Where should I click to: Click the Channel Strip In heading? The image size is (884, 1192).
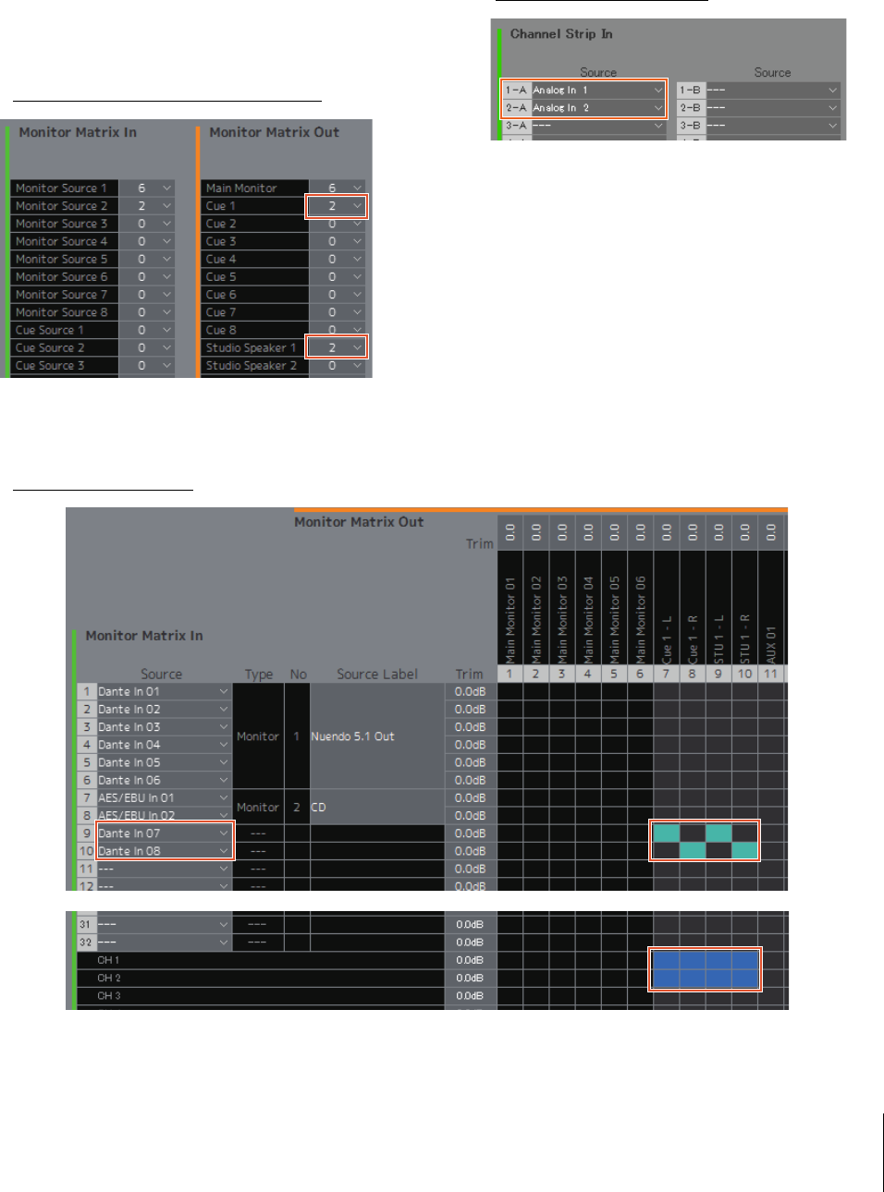pos(560,34)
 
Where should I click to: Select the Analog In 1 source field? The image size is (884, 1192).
pos(596,91)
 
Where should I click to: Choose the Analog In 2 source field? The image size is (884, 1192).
pos(596,108)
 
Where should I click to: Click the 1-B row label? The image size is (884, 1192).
pos(690,91)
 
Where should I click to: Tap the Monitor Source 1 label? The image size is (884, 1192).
pos(62,189)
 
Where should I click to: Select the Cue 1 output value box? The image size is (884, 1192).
pos(337,206)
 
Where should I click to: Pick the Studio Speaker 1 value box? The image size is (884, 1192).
pos(337,348)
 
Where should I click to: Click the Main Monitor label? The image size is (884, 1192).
pos(242,189)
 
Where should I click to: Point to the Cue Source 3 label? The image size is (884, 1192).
pos(51,366)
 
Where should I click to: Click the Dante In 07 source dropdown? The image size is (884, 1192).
pos(163,833)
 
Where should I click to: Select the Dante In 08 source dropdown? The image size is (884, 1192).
pos(163,851)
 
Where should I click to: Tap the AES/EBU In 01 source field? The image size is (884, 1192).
pos(163,798)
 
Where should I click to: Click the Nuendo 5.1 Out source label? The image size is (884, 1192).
pos(353,736)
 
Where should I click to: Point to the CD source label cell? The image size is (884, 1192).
pos(319,808)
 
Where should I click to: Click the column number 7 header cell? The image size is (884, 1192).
pos(666,674)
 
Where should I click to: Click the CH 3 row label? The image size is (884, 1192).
pos(109,996)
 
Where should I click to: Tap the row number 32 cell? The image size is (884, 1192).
pos(86,943)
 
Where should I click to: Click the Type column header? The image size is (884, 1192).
pos(259,675)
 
